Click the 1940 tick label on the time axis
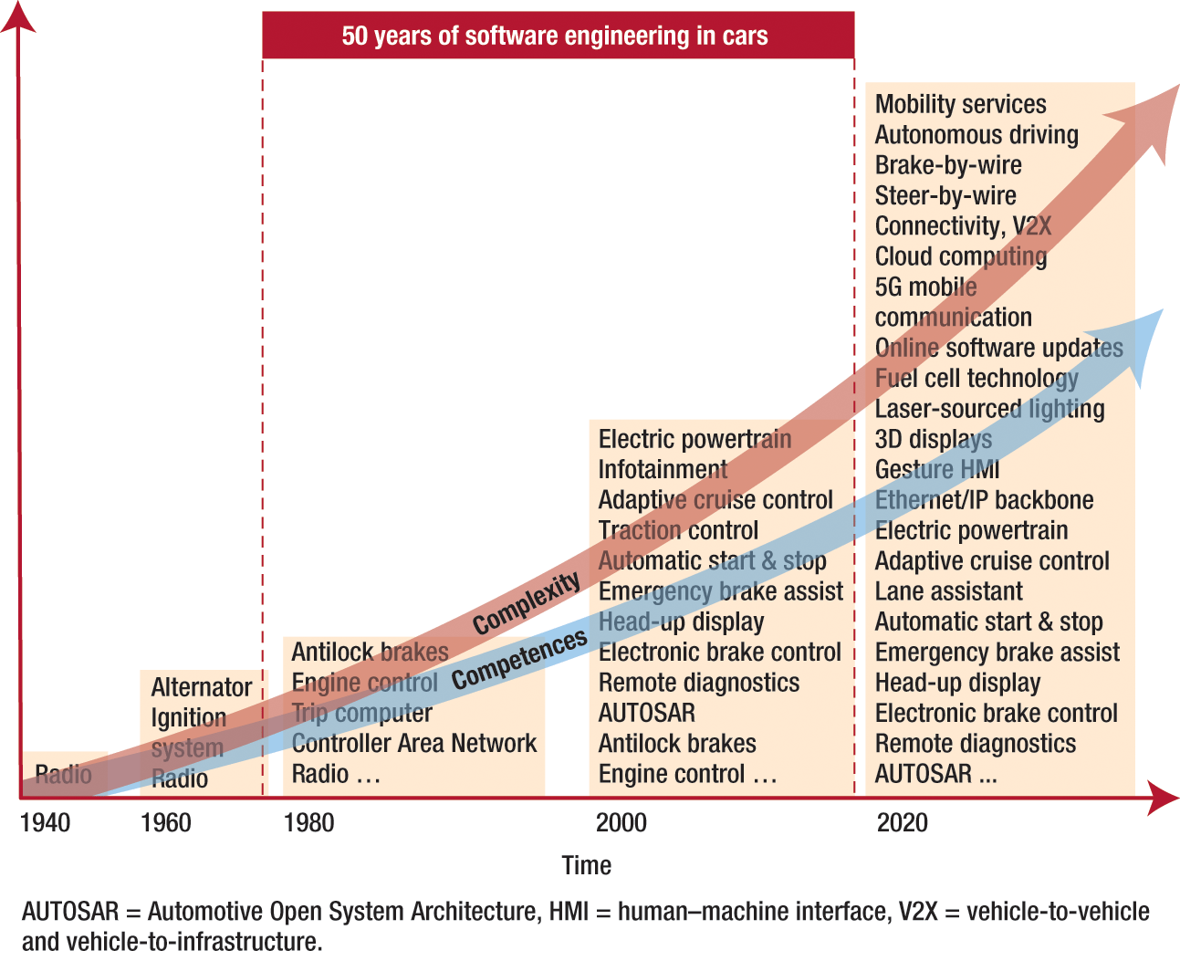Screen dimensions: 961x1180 click(45, 823)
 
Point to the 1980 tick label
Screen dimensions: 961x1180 click(308, 823)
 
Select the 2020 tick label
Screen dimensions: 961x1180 click(902, 823)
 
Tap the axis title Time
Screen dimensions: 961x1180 click(587, 865)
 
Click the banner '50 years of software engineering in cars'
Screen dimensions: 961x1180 click(558, 36)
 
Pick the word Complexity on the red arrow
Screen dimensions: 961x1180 click(527, 603)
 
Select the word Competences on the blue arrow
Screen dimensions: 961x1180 click(519, 660)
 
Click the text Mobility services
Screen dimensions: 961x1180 click(960, 105)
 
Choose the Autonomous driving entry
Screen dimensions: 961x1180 click(976, 135)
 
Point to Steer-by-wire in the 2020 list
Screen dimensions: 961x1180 click(945, 196)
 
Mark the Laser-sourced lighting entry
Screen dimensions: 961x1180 click(989, 410)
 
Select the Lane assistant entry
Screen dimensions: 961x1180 click(948, 592)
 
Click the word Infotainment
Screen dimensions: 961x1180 click(663, 470)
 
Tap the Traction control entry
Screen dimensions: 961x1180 click(678, 531)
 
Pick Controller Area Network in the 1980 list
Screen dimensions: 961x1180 click(414, 744)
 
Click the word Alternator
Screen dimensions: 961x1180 click(201, 688)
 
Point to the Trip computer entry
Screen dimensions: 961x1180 click(362, 714)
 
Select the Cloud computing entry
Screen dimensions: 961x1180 click(960, 257)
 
